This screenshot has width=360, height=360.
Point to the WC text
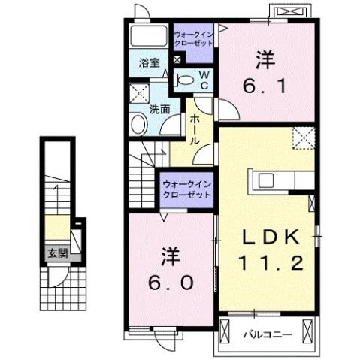pyautogui.click(x=203, y=77)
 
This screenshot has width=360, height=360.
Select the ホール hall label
pyautogui.click(x=194, y=129)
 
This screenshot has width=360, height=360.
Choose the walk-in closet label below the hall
pyautogui.click(x=186, y=186)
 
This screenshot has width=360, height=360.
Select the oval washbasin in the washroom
pyautogui.click(x=138, y=125)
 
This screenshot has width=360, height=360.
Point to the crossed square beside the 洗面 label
pyautogui.click(x=139, y=94)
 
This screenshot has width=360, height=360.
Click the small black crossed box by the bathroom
pyautogui.click(x=177, y=60)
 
